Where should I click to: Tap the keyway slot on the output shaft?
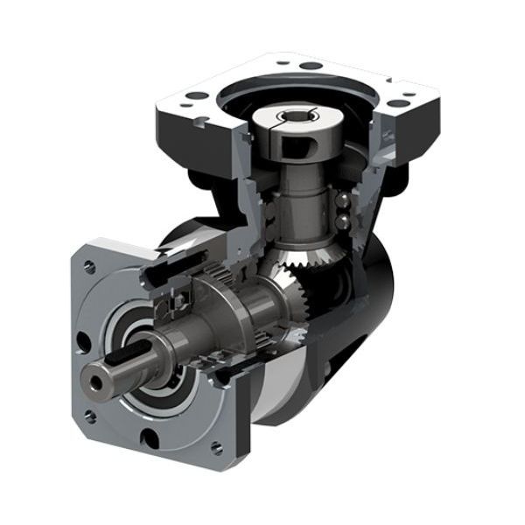click(131, 354)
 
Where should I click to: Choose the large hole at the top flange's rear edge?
click(307, 66)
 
